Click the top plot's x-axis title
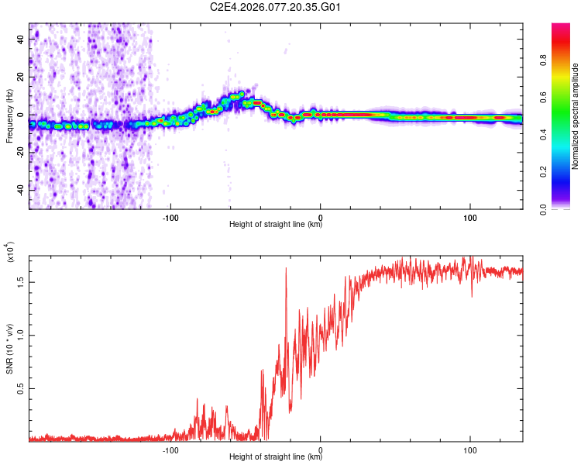(276, 225)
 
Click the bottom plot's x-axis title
(276, 457)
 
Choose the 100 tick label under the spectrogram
(469, 216)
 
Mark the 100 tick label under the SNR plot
(469, 449)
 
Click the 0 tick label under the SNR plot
(321, 449)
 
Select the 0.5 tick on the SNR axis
(22, 388)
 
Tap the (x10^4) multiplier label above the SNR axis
(10, 253)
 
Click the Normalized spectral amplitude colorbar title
(575, 116)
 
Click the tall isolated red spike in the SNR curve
(286, 269)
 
